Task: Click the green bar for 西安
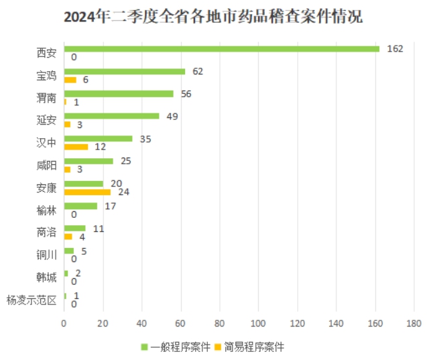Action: (x=221, y=49)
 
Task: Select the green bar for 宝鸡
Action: (x=124, y=71)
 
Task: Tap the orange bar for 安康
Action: (x=87, y=192)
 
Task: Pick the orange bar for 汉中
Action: (x=76, y=147)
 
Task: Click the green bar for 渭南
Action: (x=118, y=94)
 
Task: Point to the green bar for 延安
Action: (x=111, y=116)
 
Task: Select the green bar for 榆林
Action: (x=80, y=206)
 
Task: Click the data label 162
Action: (x=394, y=49)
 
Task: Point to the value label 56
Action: (x=186, y=94)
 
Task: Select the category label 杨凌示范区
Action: (x=31, y=300)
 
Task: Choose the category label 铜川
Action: (x=46, y=255)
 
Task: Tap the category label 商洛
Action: (x=46, y=233)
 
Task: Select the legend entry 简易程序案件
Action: (x=253, y=347)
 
